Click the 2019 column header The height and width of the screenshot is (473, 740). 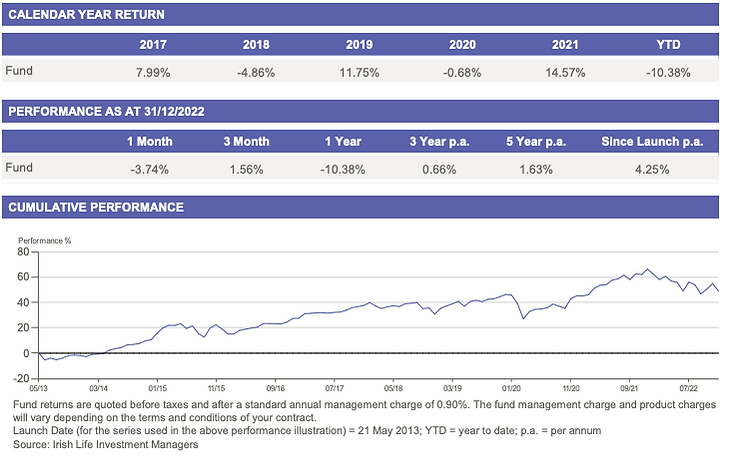tap(359, 45)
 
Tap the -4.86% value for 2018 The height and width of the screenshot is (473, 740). tap(256, 71)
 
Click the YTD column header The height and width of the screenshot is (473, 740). tap(667, 45)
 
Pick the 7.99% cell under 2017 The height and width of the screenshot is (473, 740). tap(153, 71)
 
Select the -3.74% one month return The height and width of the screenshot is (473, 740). tap(146, 167)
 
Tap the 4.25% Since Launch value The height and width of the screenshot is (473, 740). tap(651, 167)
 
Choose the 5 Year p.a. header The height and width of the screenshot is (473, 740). tap(536, 141)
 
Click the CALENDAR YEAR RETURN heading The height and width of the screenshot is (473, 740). tap(86, 15)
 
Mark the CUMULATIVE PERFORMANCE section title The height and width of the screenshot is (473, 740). tap(96, 208)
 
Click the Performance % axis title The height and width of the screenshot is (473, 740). tap(44, 240)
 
